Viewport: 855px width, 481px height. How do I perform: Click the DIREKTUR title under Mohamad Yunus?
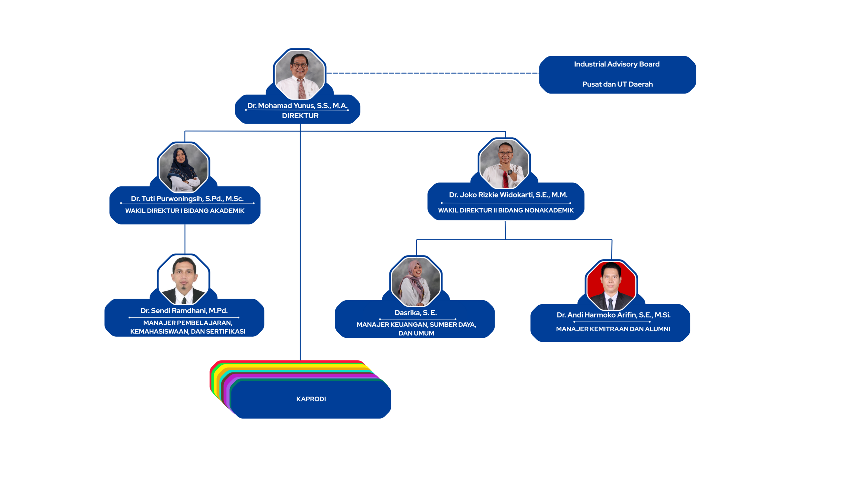click(300, 116)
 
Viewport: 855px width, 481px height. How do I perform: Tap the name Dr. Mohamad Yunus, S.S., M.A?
click(297, 106)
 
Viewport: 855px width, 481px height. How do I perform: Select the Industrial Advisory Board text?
click(617, 64)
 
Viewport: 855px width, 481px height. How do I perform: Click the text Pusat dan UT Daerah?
click(617, 84)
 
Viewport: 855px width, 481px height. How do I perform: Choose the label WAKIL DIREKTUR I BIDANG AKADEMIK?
click(185, 211)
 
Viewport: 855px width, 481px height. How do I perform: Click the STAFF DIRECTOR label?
click(300, 209)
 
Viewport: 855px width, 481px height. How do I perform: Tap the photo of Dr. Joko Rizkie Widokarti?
click(504, 164)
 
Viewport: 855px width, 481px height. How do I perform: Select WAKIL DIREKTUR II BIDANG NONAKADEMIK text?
click(506, 210)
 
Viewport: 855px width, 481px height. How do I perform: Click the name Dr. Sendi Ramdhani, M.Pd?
click(184, 311)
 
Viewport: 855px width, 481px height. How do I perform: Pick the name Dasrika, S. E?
click(415, 313)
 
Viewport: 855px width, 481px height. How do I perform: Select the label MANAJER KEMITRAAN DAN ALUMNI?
click(613, 329)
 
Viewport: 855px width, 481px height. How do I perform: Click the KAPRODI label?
click(311, 399)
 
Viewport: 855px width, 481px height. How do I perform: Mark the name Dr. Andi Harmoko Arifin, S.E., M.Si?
click(613, 315)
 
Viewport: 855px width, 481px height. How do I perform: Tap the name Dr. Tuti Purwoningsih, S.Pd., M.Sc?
click(187, 199)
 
